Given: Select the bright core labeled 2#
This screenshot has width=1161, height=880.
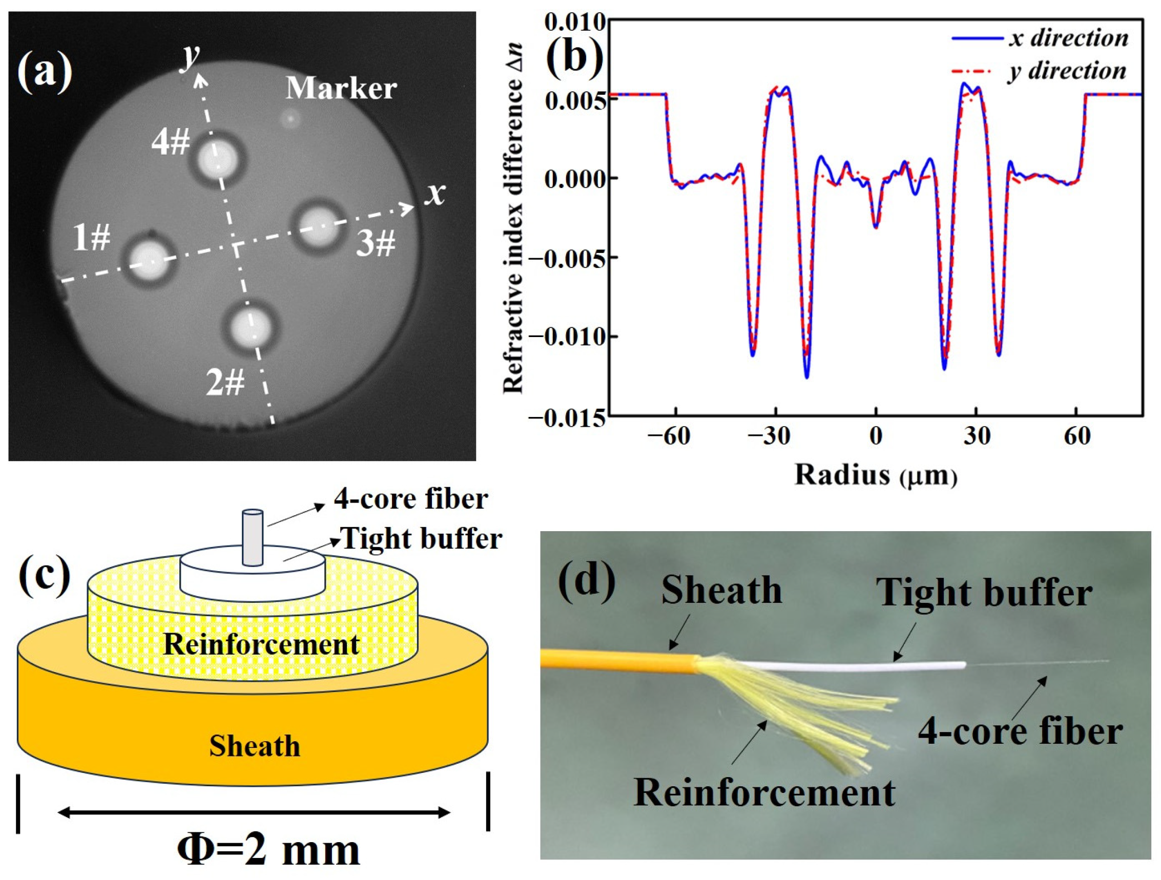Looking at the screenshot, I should tap(252, 328).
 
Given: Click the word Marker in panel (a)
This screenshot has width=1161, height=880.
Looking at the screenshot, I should tap(341, 89).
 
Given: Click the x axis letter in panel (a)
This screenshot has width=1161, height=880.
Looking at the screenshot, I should tap(435, 194).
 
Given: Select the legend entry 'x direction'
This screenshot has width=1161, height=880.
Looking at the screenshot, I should tap(1068, 39).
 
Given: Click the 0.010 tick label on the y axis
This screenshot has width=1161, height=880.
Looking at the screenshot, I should tap(575, 23).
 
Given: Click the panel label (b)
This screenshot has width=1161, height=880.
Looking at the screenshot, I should tap(575, 58).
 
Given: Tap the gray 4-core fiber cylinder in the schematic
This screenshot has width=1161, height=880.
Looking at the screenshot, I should tap(252, 538).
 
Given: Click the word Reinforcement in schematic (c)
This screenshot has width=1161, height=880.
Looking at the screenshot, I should tap(261, 644).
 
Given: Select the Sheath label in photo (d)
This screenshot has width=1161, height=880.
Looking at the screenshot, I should tap(721, 591).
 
